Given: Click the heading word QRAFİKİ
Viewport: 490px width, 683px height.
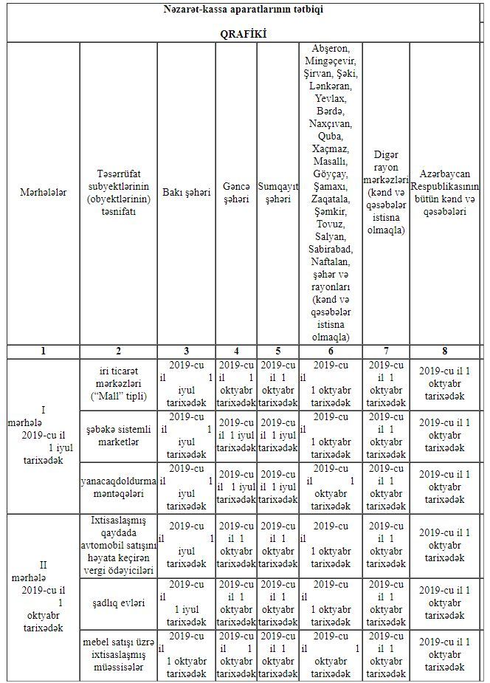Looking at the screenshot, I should (x=243, y=33).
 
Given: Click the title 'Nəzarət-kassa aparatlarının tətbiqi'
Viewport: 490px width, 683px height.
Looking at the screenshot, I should (x=243, y=10).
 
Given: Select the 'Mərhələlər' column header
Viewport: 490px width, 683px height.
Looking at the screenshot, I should (x=43, y=193).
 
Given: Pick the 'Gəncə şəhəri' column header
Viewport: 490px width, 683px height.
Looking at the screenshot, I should (x=235, y=193).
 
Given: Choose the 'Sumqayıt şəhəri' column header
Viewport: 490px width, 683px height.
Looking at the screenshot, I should (x=277, y=193).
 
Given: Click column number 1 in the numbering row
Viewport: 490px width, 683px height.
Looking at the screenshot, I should (x=43, y=351).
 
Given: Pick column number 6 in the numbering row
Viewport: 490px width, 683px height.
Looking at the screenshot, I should (x=330, y=351).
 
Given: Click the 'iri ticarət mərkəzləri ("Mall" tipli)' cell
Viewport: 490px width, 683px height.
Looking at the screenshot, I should (x=118, y=385).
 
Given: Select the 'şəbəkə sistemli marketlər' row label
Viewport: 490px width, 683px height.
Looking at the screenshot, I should (x=118, y=436).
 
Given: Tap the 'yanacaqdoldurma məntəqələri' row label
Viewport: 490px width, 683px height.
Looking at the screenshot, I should (x=118, y=487).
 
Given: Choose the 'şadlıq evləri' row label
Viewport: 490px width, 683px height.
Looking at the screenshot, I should (x=118, y=603).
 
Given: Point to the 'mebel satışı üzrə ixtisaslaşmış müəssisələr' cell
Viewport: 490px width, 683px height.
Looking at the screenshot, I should (x=118, y=656).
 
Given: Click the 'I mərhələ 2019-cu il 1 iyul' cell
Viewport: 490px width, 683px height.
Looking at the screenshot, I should (x=43, y=436).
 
